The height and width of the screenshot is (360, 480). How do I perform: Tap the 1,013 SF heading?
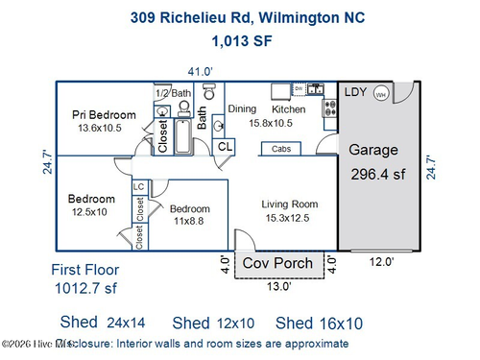(x=238, y=40)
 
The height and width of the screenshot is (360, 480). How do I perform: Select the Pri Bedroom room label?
(x=105, y=115)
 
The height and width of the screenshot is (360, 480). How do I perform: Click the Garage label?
(x=372, y=151)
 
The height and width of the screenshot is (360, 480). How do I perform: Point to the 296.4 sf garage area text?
(x=376, y=175)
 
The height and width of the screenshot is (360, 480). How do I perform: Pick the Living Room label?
(x=290, y=204)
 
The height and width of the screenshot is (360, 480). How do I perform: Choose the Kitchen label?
(x=289, y=109)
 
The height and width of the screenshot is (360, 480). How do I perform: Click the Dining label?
(x=242, y=109)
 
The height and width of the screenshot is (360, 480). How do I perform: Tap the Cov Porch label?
(x=276, y=263)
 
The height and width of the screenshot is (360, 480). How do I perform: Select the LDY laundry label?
(x=357, y=93)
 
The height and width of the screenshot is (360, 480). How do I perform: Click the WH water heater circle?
(x=381, y=94)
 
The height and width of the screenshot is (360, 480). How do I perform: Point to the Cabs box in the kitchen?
(x=282, y=149)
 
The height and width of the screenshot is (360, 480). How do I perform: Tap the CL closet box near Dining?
(x=225, y=147)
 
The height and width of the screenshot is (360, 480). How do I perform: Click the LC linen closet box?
(x=139, y=187)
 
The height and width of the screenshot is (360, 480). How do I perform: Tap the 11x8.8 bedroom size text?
(x=190, y=221)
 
